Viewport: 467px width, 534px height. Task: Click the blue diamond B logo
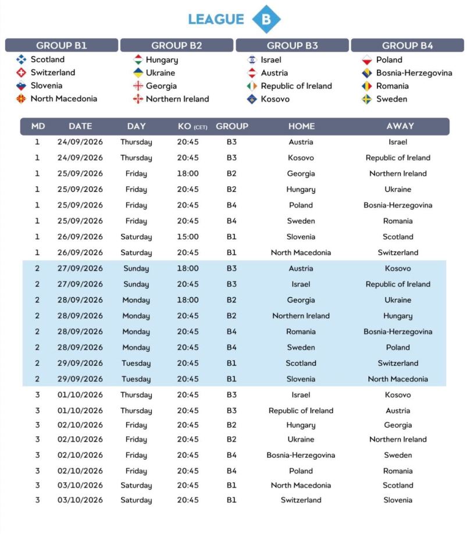[x=266, y=19]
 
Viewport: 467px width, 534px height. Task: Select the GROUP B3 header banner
[x=292, y=45]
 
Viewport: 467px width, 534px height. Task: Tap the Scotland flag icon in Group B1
[x=21, y=59]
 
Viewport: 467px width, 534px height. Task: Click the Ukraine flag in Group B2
[x=138, y=73]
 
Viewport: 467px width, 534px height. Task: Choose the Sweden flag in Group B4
[x=367, y=99]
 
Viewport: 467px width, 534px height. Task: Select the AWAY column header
[x=400, y=126]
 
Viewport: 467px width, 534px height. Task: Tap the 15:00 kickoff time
[x=188, y=237]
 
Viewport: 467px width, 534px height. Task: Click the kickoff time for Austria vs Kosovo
[x=188, y=269]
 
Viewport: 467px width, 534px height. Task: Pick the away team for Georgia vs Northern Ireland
[x=398, y=173]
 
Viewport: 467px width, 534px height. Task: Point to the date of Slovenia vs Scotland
[x=80, y=237]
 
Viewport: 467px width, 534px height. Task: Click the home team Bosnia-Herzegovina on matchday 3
[x=301, y=455]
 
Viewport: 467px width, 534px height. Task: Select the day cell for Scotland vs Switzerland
[x=136, y=364]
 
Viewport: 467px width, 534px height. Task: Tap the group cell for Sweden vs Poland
[x=231, y=348]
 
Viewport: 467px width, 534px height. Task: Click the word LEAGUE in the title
[x=216, y=19]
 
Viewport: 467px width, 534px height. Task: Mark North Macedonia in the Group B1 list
[x=63, y=99]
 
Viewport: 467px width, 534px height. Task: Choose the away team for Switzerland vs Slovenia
[x=398, y=500]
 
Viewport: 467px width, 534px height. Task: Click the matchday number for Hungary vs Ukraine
[x=38, y=190]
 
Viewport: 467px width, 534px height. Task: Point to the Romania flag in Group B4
[x=367, y=86]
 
